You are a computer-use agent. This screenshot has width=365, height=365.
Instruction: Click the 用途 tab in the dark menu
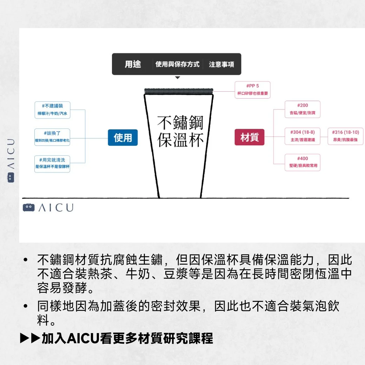(x=133, y=64)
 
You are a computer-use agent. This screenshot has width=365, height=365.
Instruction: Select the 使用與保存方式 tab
(x=177, y=64)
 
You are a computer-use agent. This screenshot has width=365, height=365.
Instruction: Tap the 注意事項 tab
(x=221, y=65)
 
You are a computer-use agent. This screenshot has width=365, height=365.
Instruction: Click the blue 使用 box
(x=123, y=138)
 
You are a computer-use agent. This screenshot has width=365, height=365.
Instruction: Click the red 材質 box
(x=249, y=138)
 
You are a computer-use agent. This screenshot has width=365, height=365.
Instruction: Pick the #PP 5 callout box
(x=253, y=90)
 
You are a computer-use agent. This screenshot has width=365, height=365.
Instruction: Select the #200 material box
(x=302, y=109)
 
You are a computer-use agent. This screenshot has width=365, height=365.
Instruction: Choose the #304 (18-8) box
(x=302, y=136)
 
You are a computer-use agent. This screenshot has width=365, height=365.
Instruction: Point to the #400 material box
(x=302, y=162)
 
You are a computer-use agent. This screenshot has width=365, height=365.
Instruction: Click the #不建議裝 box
(x=52, y=109)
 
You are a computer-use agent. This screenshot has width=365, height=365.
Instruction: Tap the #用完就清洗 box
(x=52, y=164)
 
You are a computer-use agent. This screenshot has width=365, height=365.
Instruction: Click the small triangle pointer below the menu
(x=178, y=78)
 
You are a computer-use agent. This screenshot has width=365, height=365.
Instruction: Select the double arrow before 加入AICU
(x=30, y=339)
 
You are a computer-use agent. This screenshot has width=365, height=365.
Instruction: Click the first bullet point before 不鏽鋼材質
(x=25, y=260)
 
